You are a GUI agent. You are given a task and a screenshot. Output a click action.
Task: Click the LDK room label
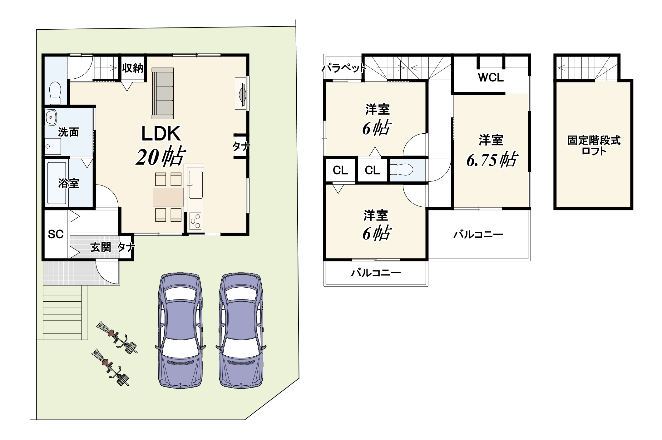coord(161,134)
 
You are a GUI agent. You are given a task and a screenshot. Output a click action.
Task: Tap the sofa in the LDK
coord(162,93)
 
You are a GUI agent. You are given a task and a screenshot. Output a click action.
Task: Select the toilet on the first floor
coord(55,93)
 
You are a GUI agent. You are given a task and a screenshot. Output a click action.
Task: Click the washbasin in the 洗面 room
coord(51,117)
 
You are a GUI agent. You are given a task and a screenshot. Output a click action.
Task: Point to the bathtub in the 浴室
coord(57,183)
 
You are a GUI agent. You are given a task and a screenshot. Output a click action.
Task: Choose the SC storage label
coord(56,234)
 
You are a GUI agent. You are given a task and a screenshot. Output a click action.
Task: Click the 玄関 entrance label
coord(101,247)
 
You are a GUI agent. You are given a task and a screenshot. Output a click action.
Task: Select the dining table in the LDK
coord(168,197)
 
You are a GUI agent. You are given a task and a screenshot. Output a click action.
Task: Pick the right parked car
coord(241,331)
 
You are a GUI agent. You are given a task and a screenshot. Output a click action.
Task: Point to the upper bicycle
coord(117,337)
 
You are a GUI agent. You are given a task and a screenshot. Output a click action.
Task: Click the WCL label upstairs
coord(491,77)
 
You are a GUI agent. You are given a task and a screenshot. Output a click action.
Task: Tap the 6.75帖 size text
coord(492,160)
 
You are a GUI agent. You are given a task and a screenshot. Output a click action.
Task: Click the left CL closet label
coord(340,171)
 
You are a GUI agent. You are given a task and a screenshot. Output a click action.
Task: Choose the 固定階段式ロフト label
coord(594,146)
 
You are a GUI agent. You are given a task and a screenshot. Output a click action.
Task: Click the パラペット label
coord(344,68)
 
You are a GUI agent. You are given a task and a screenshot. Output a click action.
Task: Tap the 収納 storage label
coord(133,68)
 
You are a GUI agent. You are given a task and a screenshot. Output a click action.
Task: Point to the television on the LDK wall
coord(242,93)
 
